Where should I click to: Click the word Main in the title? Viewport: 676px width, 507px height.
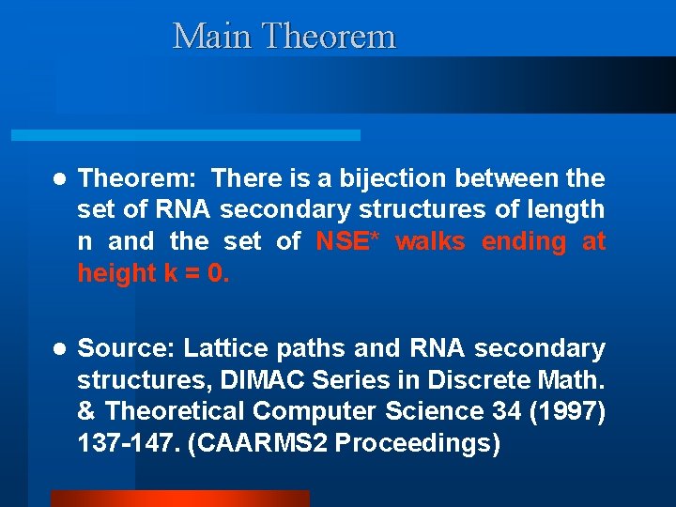[x=212, y=37]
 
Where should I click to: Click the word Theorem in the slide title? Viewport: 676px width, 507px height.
[x=329, y=37]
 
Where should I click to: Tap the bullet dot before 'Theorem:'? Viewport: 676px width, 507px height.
[x=58, y=178]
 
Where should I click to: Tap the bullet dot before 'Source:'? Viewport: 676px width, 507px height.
[x=58, y=349]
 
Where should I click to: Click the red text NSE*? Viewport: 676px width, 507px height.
[x=346, y=241]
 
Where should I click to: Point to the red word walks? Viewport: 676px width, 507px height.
[x=430, y=241]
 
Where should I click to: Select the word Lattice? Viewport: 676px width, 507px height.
[x=222, y=348]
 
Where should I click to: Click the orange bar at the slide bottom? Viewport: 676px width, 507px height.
[x=178, y=499]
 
